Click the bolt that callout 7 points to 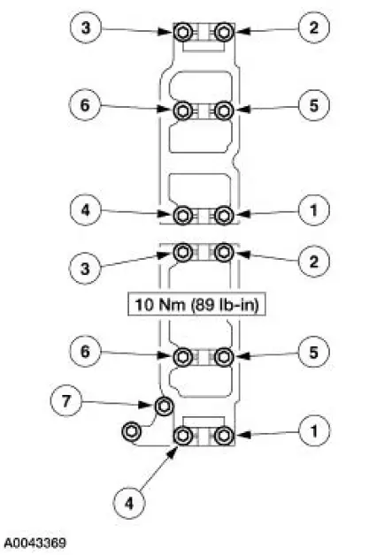pos(164,407)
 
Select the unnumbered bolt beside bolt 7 pos(131,432)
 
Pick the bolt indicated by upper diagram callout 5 pos(224,110)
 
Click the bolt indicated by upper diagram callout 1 pos(224,215)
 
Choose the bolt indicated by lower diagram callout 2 pos(224,254)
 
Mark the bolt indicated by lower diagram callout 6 pos(183,357)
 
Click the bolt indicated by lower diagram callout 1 pos(224,436)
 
